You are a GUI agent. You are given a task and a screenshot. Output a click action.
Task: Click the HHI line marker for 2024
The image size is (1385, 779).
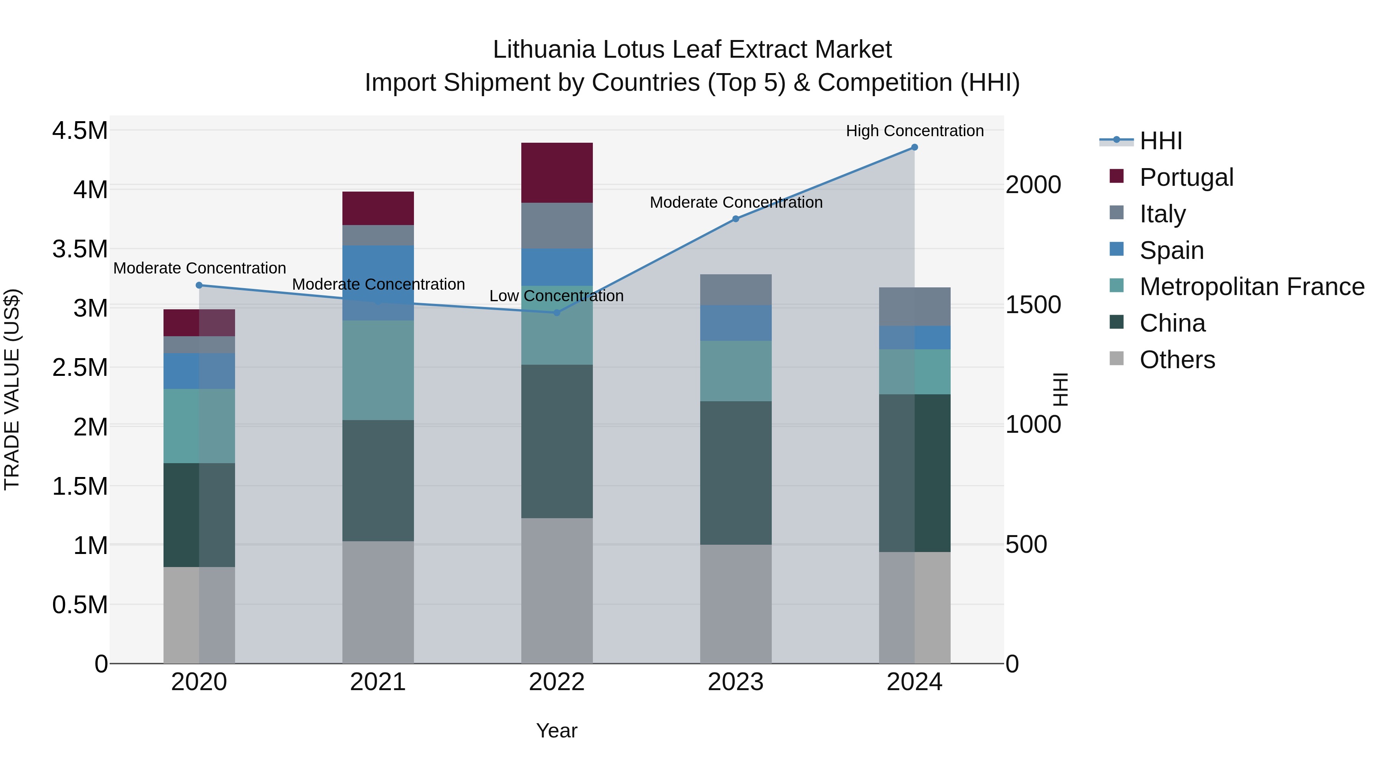(x=914, y=147)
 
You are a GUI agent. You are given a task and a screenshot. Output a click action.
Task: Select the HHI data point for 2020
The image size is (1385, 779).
(x=199, y=285)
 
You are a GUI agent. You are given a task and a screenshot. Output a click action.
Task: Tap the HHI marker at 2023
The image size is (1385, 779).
(x=736, y=219)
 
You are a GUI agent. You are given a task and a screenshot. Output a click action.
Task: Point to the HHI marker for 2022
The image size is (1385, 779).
(x=556, y=313)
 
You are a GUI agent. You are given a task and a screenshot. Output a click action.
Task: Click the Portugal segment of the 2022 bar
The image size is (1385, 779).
(x=556, y=173)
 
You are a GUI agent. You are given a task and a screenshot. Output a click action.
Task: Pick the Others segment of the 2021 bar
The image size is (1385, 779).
(x=378, y=602)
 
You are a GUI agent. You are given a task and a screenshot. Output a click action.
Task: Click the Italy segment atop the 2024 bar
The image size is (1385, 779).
(x=914, y=307)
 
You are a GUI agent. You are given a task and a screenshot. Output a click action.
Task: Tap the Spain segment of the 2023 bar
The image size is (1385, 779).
(x=736, y=323)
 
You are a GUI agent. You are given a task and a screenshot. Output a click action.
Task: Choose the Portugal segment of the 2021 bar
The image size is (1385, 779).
(x=378, y=208)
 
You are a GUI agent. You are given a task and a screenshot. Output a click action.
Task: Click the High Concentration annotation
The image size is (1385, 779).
(x=914, y=131)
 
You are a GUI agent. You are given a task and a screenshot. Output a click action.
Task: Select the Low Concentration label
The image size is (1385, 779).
(x=556, y=296)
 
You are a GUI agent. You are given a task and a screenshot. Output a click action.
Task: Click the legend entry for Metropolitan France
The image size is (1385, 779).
(x=1252, y=287)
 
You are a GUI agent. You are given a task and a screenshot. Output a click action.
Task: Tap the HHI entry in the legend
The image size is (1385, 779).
(x=1160, y=141)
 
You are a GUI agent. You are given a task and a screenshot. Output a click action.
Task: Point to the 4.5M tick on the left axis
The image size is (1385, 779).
(x=80, y=131)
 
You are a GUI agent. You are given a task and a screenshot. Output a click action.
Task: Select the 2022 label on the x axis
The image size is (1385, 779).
(x=556, y=682)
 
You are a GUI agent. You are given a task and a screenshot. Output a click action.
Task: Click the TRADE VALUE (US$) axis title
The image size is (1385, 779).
(x=12, y=389)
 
